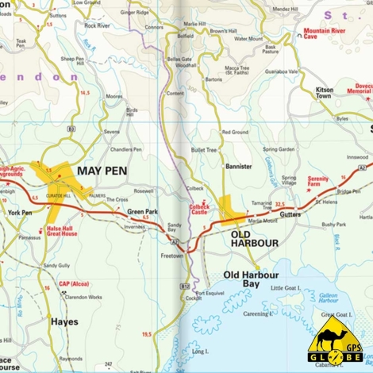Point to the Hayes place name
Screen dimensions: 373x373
pos(64,322)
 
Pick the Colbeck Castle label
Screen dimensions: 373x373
pos(199,210)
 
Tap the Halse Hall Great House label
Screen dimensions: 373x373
pos(62,230)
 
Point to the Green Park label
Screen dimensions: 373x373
pos(142,212)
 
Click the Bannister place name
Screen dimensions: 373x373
pos(238,167)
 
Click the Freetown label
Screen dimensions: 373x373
pos(172,256)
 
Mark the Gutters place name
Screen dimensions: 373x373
pos(290,214)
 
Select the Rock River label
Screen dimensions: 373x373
pos(97,25)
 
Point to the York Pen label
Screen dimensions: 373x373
pos(20,213)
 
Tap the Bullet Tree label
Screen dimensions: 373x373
pos(204,149)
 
